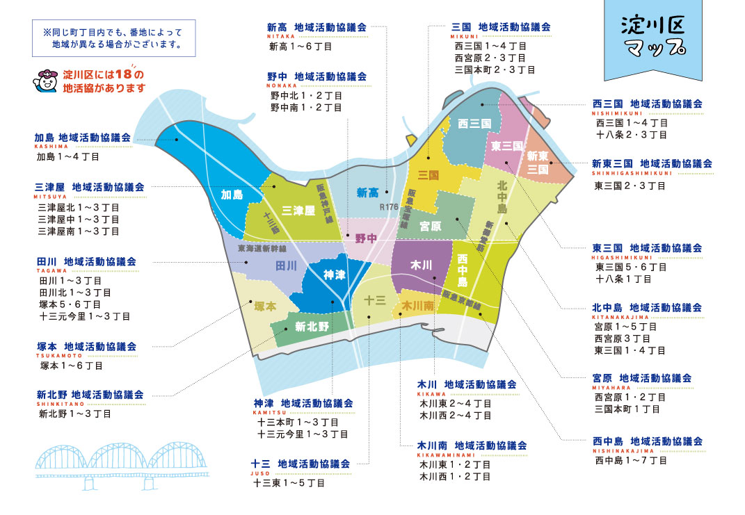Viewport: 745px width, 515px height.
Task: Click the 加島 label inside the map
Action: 232,194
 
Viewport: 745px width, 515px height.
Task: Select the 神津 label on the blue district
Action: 335,275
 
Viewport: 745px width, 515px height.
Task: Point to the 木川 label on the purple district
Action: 421,265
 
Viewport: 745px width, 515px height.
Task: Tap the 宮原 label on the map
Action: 431,227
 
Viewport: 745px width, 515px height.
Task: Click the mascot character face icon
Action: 47,81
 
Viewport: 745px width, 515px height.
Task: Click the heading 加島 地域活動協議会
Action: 83,138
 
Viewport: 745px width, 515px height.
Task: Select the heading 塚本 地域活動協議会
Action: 86,346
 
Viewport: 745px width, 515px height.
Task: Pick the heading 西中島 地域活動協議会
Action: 648,441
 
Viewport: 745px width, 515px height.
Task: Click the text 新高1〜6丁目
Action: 301,47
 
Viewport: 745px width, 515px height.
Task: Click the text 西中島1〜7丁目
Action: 630,460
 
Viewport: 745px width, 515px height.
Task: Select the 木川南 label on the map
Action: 418,305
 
